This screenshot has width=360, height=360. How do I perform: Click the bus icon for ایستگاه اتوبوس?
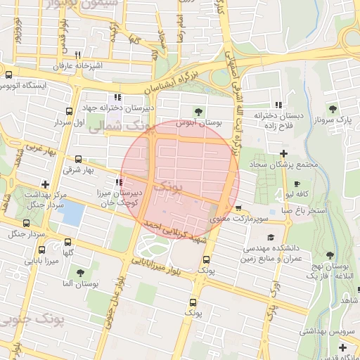8,75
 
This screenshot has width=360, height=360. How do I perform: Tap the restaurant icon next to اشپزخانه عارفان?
77,55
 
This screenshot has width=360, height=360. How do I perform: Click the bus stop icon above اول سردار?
69,111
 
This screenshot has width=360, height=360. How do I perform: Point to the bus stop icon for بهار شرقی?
77,159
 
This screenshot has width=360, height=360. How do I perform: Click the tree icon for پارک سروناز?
333,109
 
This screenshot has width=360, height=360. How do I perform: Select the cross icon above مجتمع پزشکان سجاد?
283,153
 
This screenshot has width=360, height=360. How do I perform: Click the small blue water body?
71,212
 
